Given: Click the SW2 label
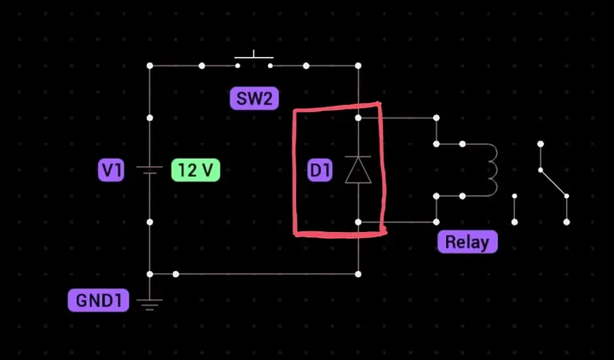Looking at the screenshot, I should coord(254,99).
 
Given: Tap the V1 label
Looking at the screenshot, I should coord(111,171).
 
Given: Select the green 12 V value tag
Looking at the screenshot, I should coord(195,171).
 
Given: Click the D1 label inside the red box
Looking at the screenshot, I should coord(320,171).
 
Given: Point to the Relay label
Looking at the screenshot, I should coord(466,241).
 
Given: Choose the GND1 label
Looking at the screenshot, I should coord(98,300).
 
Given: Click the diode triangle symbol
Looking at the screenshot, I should coord(358,171).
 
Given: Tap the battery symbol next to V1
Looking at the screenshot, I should coord(150,171).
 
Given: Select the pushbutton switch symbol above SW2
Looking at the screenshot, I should coord(253,61).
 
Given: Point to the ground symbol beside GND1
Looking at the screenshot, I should coord(150,302).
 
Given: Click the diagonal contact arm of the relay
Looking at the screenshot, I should coord(553,182).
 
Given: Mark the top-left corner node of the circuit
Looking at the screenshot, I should coord(150,65).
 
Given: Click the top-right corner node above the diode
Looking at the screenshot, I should coord(358,65).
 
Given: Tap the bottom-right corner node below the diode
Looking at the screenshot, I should coord(358,274).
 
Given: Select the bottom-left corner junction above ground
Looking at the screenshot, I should coord(150,274).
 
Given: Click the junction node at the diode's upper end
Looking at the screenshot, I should coord(358,118).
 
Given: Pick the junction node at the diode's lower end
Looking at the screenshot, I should coord(358,222).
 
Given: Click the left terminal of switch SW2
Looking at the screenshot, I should coord(236,65).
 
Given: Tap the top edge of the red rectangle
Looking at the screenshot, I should coord(337,109).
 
